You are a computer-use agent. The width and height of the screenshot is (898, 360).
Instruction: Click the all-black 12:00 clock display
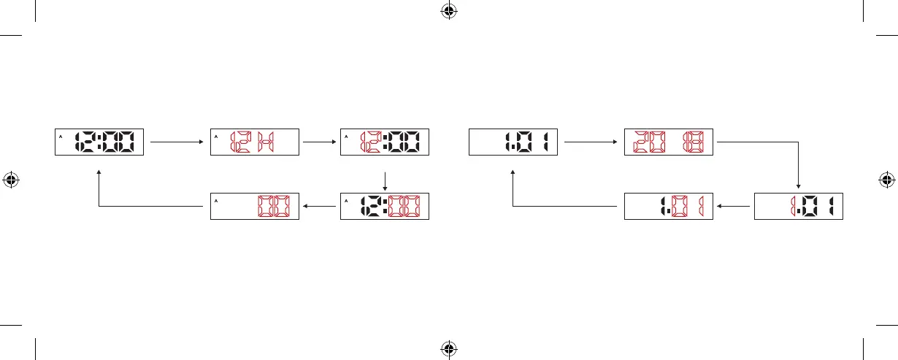point(100,142)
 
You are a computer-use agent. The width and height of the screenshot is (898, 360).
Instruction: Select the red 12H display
point(255,142)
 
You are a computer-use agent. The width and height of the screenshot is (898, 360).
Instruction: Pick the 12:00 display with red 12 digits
point(385,142)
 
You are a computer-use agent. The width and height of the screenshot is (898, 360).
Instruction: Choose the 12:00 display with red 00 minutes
point(385,206)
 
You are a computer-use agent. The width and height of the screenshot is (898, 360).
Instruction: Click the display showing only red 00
point(255,206)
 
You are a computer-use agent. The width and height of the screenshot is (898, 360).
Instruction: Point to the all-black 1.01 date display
point(513,142)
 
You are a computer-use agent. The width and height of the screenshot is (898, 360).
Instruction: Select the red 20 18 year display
point(669,142)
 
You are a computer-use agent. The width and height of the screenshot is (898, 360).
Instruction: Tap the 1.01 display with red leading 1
point(798,206)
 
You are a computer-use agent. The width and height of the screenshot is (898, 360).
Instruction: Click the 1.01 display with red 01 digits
point(669,206)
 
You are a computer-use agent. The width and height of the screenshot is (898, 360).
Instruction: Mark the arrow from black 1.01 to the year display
point(591,142)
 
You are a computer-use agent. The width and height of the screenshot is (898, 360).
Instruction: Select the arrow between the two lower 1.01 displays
point(733,206)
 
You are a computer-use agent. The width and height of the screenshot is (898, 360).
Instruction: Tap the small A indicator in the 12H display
point(217,136)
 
